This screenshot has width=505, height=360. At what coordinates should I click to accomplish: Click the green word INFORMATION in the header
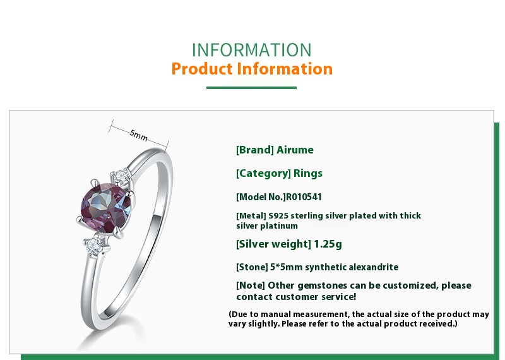click(251, 50)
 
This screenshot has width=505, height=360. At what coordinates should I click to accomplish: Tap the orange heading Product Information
click(252, 69)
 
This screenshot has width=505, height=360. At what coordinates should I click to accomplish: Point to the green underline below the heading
click(251, 88)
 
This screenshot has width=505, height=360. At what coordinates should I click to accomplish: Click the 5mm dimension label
click(139, 135)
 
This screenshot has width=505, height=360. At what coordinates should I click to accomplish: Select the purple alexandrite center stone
click(106, 207)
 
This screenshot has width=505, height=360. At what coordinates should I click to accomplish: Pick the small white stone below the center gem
click(94, 246)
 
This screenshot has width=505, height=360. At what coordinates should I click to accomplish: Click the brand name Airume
click(295, 150)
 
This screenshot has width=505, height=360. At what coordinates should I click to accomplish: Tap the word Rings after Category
click(308, 174)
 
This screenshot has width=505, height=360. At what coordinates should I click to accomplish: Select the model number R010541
click(304, 197)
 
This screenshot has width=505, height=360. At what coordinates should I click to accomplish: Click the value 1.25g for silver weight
click(328, 244)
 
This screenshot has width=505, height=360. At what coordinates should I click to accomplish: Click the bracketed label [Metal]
click(251, 215)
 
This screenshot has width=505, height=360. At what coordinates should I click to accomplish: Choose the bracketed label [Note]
click(251, 285)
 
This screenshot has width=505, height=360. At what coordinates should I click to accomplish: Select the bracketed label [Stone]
click(252, 267)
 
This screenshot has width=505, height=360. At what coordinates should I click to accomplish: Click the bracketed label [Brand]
click(255, 150)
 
